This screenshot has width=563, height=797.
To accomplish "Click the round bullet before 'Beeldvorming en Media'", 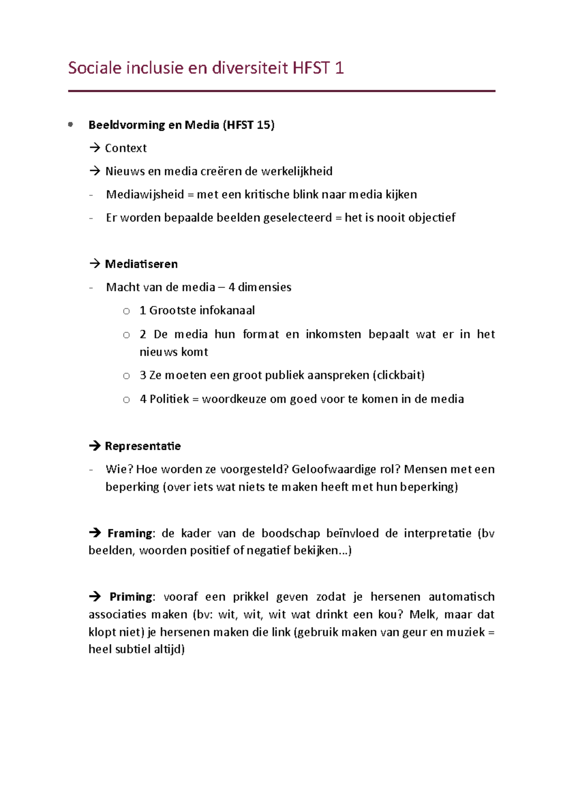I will tap(71, 124).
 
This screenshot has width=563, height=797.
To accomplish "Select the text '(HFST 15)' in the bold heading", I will tap(249, 125).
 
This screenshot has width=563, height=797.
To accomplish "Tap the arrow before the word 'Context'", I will tap(95, 148).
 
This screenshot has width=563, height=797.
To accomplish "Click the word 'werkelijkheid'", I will tap(297, 171).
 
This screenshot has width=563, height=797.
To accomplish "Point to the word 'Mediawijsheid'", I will tap(145, 194).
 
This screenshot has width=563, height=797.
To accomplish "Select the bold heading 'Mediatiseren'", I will tap(141, 264).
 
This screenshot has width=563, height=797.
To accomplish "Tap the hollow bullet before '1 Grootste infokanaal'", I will tap(126, 311).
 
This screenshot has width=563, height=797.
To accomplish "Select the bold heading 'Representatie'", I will tap(143, 446).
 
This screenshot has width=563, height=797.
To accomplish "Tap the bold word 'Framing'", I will tap(130, 534).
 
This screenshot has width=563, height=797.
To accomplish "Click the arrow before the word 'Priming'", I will tap(95, 597).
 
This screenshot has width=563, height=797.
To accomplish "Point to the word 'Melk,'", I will tap(423, 615).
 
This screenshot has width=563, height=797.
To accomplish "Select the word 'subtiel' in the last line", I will tap(133, 650).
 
